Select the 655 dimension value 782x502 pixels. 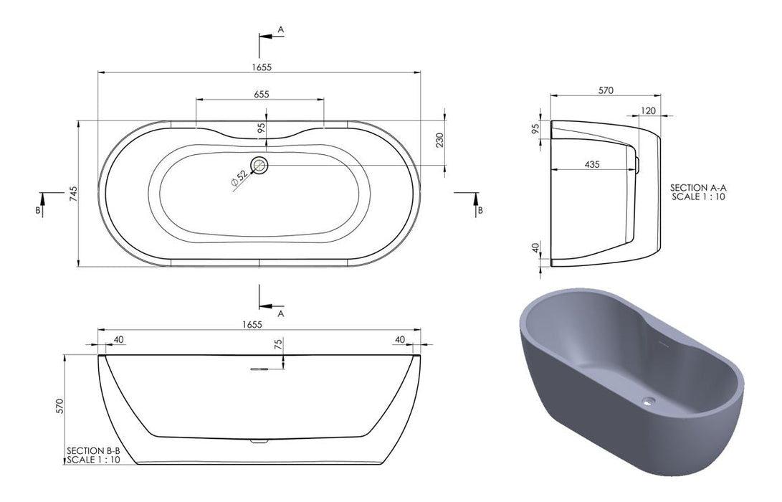261,95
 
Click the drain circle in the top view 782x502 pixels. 259,166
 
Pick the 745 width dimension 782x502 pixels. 73,193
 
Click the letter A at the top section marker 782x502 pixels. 281,29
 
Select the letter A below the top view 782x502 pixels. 281,313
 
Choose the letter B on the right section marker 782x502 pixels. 480,210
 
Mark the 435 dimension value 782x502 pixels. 591,164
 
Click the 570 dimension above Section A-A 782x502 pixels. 606,90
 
